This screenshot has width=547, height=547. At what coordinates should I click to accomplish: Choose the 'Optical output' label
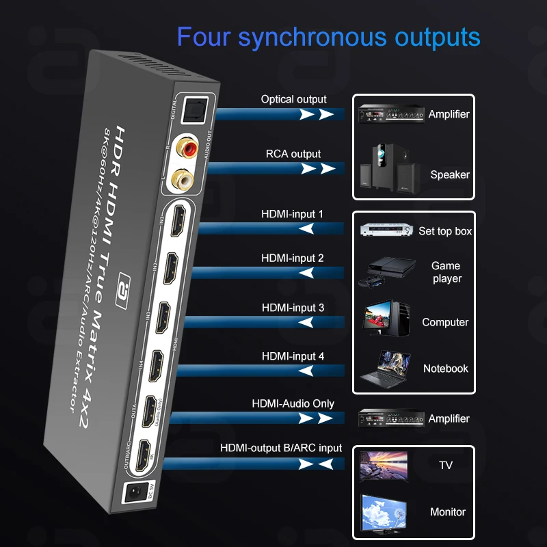293,99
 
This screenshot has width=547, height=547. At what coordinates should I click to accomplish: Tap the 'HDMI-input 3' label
293,308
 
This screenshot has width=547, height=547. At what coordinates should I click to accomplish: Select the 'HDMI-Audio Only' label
293,403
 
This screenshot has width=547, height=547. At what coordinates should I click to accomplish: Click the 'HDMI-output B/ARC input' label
281,448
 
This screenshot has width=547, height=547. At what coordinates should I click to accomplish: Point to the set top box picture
385,231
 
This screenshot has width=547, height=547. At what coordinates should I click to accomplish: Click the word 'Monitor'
448,511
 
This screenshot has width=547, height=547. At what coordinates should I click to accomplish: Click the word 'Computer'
445,322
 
